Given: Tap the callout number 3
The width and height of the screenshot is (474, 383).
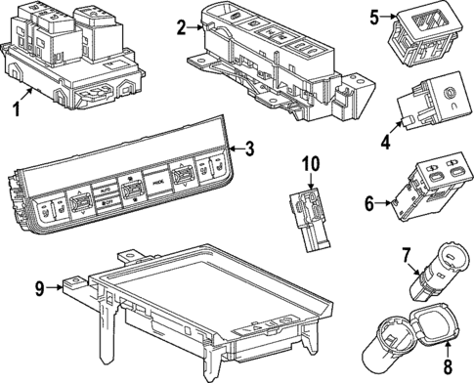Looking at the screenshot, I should pyautogui.click(x=250, y=149).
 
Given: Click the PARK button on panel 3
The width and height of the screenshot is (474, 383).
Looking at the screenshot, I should pyautogui.click(x=156, y=180).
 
